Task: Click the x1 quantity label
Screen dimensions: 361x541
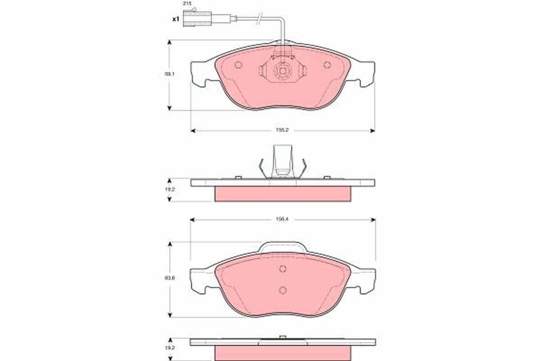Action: point(175,19)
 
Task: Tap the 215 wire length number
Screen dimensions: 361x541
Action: point(187,4)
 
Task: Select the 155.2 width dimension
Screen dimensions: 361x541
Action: point(283,130)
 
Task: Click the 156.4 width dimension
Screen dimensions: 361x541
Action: point(283,219)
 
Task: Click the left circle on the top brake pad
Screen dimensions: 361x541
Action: point(238,65)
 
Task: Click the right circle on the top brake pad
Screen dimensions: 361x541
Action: point(327,65)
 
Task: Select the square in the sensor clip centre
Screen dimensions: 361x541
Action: point(283,71)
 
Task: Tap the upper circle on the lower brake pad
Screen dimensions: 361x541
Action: point(283,269)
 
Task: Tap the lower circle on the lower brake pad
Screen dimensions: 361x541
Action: point(283,290)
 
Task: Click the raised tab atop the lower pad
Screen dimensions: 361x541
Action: point(283,247)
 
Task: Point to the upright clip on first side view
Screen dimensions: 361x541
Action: point(283,160)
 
